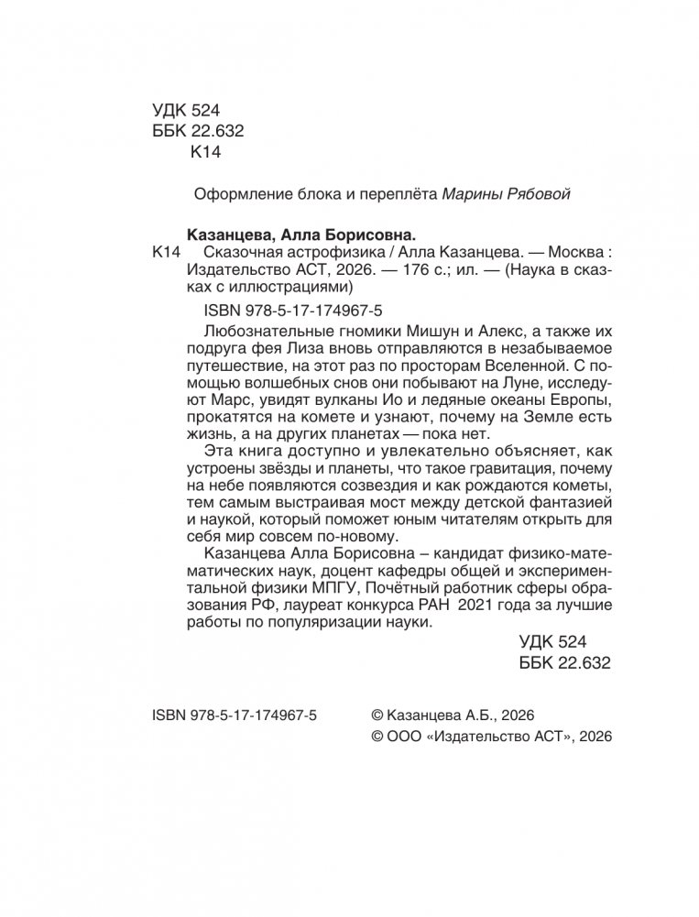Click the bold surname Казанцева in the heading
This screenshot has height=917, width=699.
pyautogui.click(x=216, y=234)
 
